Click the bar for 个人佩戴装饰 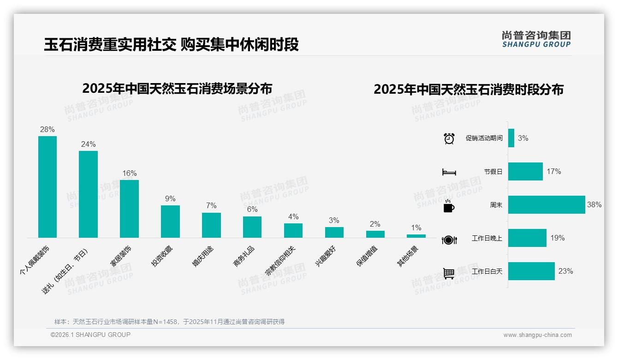48,187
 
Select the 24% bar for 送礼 88,194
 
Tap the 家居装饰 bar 129,209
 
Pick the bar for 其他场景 416,236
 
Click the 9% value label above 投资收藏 170,198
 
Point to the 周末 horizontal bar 547,205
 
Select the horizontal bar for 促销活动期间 511,138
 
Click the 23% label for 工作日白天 565,271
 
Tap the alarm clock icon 449,138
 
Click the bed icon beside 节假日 449,172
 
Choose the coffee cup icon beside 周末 449,206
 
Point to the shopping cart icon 449,273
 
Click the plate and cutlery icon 449,240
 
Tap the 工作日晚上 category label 487,239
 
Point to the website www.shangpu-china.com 537,335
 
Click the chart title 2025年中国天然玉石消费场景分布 177,89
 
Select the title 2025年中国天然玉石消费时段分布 469,90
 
